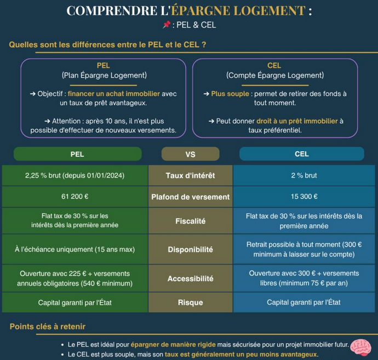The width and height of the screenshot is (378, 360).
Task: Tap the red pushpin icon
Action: [x=167, y=25]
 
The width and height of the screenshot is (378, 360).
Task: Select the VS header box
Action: [x=190, y=154]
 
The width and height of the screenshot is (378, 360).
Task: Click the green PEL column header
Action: [x=77, y=154]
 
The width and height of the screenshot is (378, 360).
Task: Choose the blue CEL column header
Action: [x=302, y=154]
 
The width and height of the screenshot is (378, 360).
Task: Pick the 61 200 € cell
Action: [x=75, y=196]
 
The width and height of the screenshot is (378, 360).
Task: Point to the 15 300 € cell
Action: [x=305, y=196]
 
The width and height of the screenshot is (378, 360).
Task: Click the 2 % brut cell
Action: [x=305, y=175]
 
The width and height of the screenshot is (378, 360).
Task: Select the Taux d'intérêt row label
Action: [x=190, y=175]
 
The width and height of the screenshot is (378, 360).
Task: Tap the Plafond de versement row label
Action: [x=190, y=196]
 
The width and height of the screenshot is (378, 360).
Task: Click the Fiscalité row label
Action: [x=190, y=221]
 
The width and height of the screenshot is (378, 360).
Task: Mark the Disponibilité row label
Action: [x=190, y=249]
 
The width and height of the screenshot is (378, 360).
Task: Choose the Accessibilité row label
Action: [x=190, y=278]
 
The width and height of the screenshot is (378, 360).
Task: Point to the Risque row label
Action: [x=190, y=302]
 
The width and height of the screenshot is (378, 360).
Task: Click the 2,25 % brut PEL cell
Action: [x=75, y=175]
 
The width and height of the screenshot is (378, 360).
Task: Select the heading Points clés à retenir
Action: [x=48, y=327]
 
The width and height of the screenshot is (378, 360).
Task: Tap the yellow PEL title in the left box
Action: [x=103, y=65]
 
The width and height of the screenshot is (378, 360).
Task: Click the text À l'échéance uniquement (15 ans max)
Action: [x=75, y=249]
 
